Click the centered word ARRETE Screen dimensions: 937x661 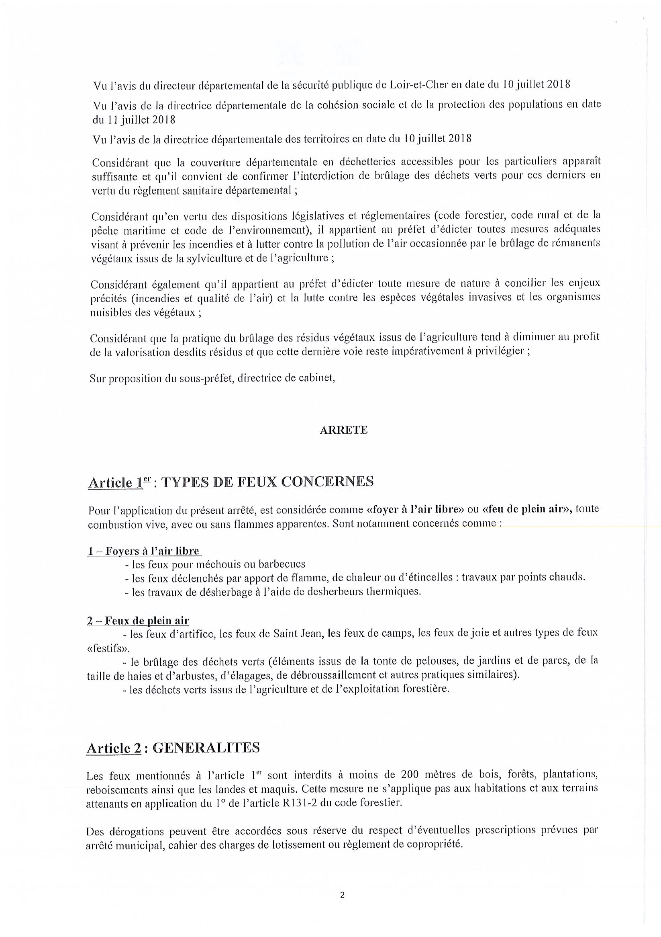tap(343, 430)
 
